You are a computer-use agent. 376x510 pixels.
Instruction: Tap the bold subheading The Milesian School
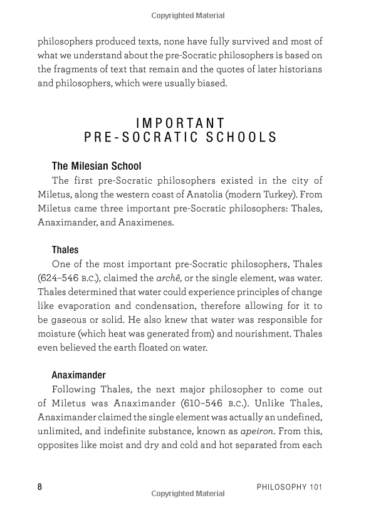pos(97,166)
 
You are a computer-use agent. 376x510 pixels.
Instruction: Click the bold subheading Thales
pos(65,250)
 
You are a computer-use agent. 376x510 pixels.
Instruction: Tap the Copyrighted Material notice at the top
pos(187,15)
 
